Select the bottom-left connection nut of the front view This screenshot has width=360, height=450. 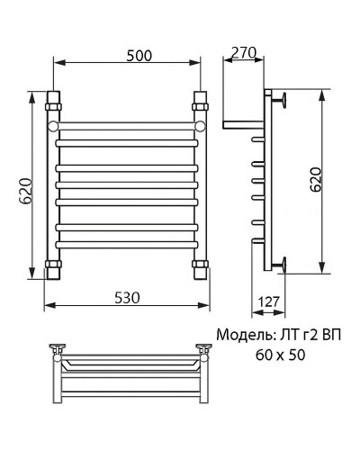click(52, 266)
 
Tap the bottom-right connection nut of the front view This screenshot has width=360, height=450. click(200, 266)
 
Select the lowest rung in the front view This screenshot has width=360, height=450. click(126, 243)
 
